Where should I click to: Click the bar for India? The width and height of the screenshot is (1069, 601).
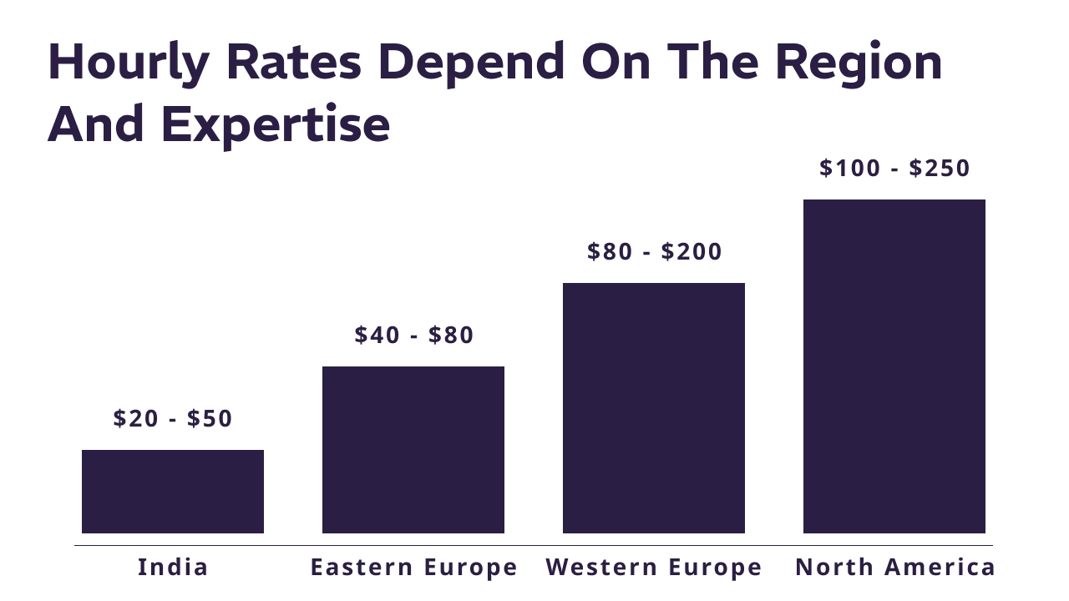tap(173, 492)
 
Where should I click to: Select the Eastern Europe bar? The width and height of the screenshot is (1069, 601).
tap(413, 450)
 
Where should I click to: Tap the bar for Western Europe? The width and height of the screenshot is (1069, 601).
tap(654, 408)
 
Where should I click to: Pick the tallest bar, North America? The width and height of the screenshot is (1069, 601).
tap(894, 366)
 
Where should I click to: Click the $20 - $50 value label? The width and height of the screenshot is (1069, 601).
tap(173, 418)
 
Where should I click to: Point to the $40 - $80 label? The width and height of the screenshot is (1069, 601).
tap(414, 335)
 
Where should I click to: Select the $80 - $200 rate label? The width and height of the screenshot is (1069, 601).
tap(655, 251)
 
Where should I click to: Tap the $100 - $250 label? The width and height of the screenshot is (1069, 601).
tap(894, 168)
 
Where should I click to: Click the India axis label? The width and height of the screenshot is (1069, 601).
tap(173, 568)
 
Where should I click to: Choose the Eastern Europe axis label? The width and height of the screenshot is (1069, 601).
tap(414, 568)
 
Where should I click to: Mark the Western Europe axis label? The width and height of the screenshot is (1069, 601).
tap(654, 568)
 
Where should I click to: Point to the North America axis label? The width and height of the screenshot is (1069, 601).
tap(895, 568)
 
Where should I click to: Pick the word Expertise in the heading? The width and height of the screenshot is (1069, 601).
tap(276, 125)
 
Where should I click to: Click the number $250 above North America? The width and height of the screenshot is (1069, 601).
tap(940, 168)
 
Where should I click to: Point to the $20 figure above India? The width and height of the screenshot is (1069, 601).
tap(134, 418)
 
